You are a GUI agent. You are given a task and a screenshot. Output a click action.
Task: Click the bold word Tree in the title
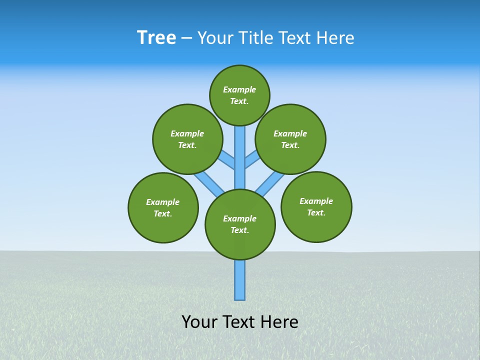156,38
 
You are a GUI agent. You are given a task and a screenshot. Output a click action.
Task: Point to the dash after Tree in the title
186,38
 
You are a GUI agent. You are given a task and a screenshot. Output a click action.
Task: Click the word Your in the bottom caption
199,322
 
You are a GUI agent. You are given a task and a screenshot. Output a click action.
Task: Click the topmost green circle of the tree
239,95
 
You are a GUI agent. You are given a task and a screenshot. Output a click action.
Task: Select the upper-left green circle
187,139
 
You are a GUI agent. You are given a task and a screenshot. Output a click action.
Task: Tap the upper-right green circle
290,139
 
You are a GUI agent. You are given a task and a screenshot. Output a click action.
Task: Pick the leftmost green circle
163,207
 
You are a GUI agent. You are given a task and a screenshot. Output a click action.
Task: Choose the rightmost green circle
316,207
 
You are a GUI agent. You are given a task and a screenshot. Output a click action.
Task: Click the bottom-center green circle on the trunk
240,224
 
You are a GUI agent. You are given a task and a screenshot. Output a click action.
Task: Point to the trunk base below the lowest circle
240,280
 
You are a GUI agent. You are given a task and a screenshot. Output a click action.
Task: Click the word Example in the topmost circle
239,89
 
